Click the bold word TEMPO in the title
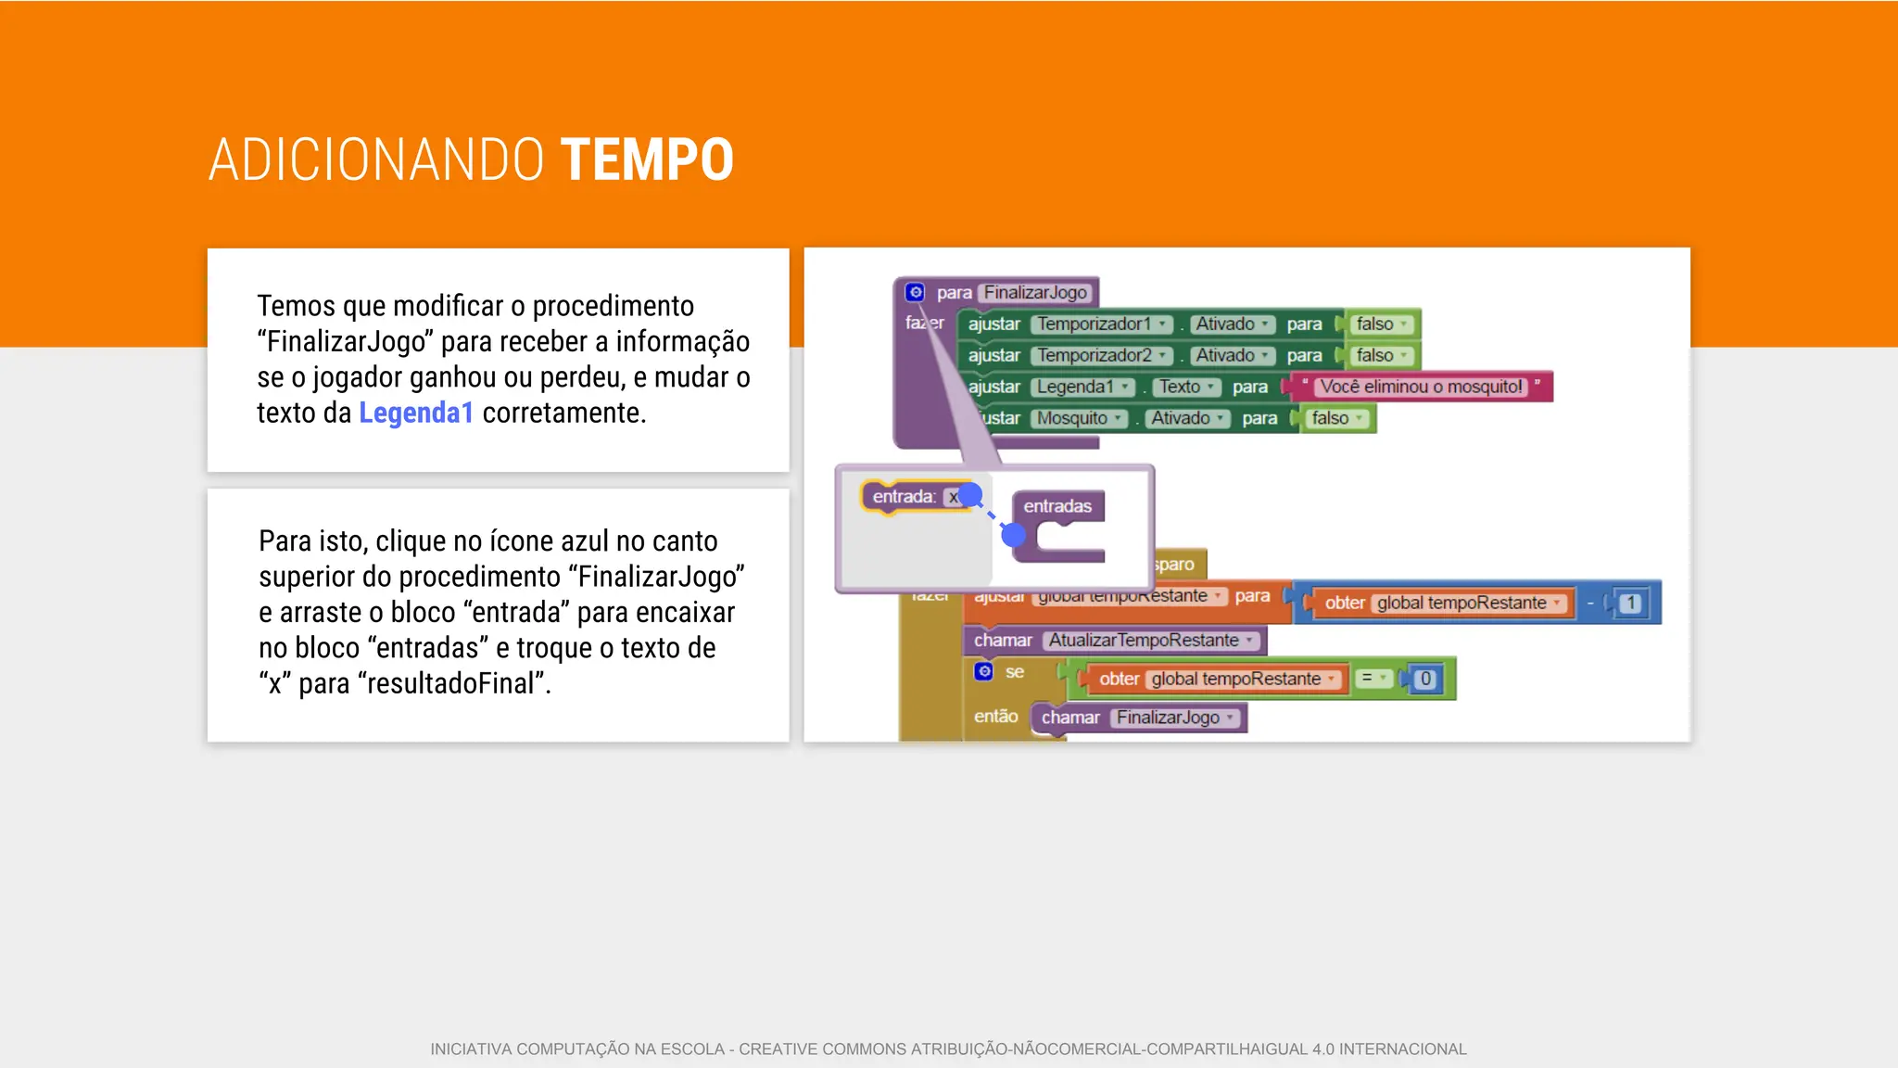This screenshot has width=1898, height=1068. pyautogui.click(x=647, y=159)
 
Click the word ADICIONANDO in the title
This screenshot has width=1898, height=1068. pyautogui.click(x=375, y=159)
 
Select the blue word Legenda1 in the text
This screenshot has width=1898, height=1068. pyautogui.click(x=415, y=413)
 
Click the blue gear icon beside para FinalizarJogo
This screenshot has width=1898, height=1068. pyautogui.click(x=915, y=292)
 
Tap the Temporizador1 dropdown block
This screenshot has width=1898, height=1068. pyautogui.click(x=1101, y=324)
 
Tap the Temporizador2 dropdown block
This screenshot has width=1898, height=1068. pyautogui.click(x=1101, y=355)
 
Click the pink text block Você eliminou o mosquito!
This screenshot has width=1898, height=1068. pyautogui.click(x=1420, y=387)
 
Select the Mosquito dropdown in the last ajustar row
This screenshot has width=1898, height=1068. pyautogui.click(x=1079, y=418)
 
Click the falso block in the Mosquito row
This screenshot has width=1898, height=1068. pyautogui.click(x=1336, y=418)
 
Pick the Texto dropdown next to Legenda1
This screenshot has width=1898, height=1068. pyautogui.click(x=1185, y=387)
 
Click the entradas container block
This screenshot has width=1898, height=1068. pyautogui.click(x=1057, y=524)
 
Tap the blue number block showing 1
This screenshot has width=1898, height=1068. pyautogui.click(x=1630, y=603)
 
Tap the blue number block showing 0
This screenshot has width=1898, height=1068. pyautogui.click(x=1425, y=679)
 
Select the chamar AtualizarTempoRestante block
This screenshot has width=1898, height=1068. pyautogui.click(x=1113, y=640)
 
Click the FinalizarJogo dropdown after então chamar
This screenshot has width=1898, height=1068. pyautogui.click(x=1174, y=718)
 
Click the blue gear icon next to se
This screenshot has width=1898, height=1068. pyautogui.click(x=984, y=671)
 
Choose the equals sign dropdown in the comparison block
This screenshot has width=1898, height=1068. pyautogui.click(x=1372, y=679)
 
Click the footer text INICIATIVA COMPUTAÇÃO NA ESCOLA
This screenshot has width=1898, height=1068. pyautogui.click(x=577, y=1049)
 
